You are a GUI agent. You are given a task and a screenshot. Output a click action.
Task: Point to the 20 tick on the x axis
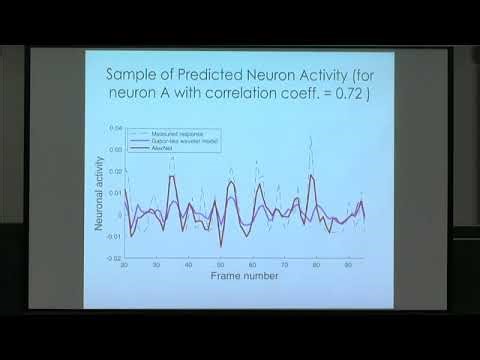[124, 265]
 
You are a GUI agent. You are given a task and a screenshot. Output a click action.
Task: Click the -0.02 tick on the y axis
[112, 257]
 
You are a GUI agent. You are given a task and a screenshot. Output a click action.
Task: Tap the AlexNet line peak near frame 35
[173, 177]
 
